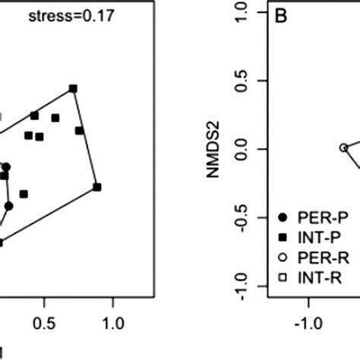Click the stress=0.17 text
pyautogui.click(x=72, y=14)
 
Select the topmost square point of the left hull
pyautogui.click(x=74, y=89)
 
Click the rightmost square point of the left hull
pyautogui.click(x=97, y=187)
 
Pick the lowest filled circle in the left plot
pyautogui.click(x=8, y=206)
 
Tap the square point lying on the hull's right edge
pyautogui.click(x=79, y=131)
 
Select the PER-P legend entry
pyautogui.click(x=304, y=218)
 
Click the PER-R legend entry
pyautogui.click(x=304, y=259)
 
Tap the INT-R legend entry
pyautogui.click(x=304, y=279)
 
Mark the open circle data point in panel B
pyautogui.click(x=343, y=147)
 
